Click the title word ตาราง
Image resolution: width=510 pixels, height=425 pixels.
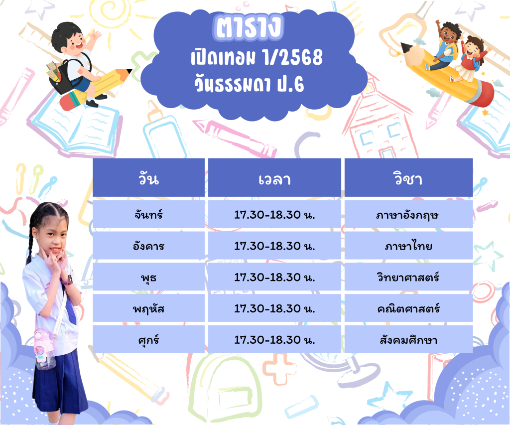point(249,27)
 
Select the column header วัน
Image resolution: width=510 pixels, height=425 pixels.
point(148,178)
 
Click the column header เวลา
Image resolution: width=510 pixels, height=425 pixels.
point(274,178)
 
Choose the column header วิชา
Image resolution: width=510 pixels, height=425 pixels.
point(408,178)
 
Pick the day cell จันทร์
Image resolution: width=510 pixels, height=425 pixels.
point(148,214)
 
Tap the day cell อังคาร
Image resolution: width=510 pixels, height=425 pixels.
point(148,245)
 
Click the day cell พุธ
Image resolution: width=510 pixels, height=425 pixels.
point(148,277)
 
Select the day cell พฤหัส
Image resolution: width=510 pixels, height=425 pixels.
point(148,308)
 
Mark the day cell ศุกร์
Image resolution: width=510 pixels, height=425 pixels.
point(148,339)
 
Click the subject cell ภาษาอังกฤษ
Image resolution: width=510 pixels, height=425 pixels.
point(408,214)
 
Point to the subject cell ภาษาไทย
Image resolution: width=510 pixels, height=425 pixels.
point(408,245)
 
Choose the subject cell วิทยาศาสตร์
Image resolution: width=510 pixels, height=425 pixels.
point(408,277)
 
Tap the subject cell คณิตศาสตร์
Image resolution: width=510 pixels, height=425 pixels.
point(408,308)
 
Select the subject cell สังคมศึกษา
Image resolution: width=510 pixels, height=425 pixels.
point(408,339)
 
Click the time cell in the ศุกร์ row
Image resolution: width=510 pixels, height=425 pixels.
point(274,339)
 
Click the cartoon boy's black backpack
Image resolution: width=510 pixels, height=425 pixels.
point(62,76)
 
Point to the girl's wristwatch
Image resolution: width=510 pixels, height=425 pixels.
point(68,280)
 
